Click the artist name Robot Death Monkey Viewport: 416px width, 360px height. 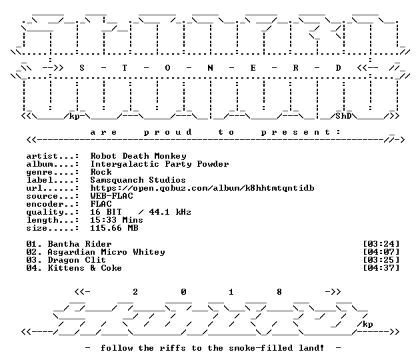[138, 156]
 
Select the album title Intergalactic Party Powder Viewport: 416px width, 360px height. [159, 164]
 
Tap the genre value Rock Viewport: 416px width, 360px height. [101, 172]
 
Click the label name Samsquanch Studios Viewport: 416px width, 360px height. [138, 180]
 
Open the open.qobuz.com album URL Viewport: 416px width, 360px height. [202, 188]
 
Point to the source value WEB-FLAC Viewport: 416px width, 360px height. [111, 196]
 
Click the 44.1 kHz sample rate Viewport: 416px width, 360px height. [170, 212]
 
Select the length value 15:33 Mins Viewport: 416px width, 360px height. [117, 220]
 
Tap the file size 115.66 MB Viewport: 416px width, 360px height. [114, 228]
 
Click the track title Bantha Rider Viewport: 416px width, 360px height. [79, 244]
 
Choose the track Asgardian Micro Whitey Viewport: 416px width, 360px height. [106, 252]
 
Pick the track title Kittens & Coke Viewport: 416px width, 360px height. [85, 268]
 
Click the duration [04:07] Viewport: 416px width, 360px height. [381, 252]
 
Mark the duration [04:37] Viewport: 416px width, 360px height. [381, 268]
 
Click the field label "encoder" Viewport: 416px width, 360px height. [45, 204]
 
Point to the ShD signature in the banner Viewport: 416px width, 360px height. [343, 116]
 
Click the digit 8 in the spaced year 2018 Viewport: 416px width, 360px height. [279, 292]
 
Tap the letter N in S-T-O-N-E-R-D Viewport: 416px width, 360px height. [210, 68]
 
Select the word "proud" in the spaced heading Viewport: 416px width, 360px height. [167, 133]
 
